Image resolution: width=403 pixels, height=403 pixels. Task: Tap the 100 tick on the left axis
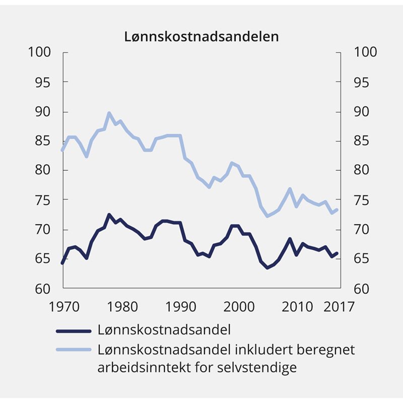click(41, 52)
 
